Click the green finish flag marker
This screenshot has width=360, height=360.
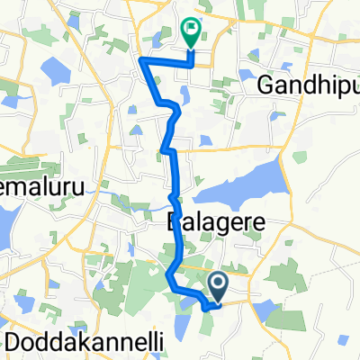(191, 33)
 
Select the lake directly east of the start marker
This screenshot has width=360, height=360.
(269, 310)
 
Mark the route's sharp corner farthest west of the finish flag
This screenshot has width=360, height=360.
(141, 60)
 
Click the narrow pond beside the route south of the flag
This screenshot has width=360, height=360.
(184, 94)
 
